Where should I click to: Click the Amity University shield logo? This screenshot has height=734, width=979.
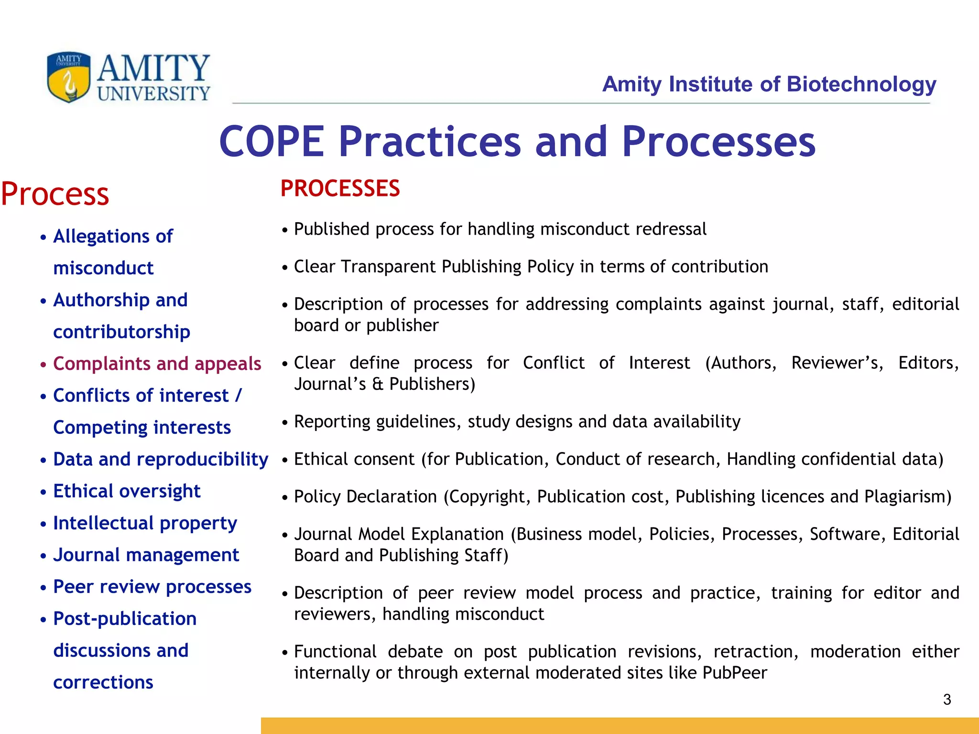tap(69, 77)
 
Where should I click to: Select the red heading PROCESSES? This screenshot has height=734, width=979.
tap(340, 188)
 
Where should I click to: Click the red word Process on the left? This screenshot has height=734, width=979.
tap(55, 194)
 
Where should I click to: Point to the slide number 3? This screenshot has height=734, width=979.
tap(947, 700)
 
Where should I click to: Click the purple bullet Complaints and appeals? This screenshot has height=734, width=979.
tap(157, 364)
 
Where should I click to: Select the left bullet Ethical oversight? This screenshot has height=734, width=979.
tap(127, 491)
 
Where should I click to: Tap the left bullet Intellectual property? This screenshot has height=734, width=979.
tap(145, 523)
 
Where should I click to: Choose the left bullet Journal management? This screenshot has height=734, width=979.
tap(146, 555)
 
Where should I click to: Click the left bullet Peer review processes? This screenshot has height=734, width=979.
tap(152, 587)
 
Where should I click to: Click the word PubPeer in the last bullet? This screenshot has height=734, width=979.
tap(735, 673)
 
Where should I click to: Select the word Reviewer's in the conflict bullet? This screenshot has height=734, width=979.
tap(837, 363)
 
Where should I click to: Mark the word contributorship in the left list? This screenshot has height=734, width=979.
tap(121, 332)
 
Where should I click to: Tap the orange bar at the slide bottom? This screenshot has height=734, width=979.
tap(620, 725)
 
